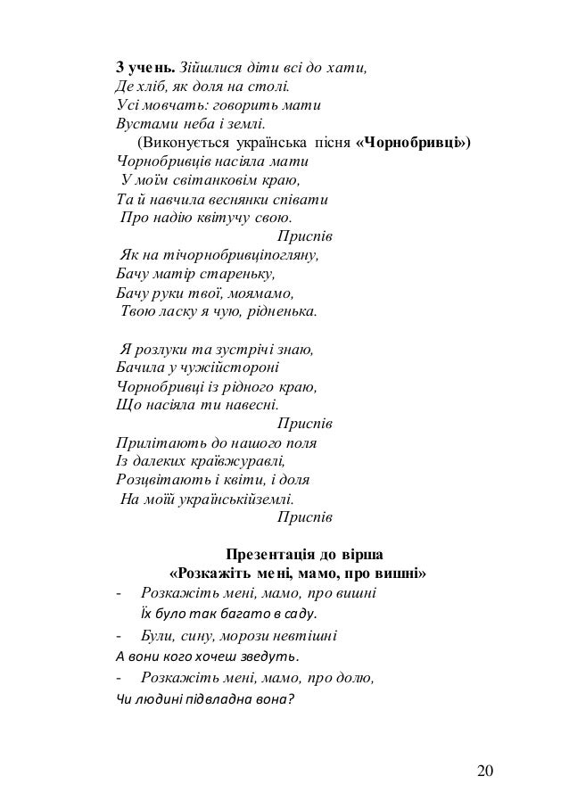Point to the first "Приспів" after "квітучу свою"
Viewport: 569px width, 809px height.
click(x=305, y=237)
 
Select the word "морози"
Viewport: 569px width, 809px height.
click(x=246, y=636)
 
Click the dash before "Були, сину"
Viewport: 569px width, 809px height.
click(x=120, y=636)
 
